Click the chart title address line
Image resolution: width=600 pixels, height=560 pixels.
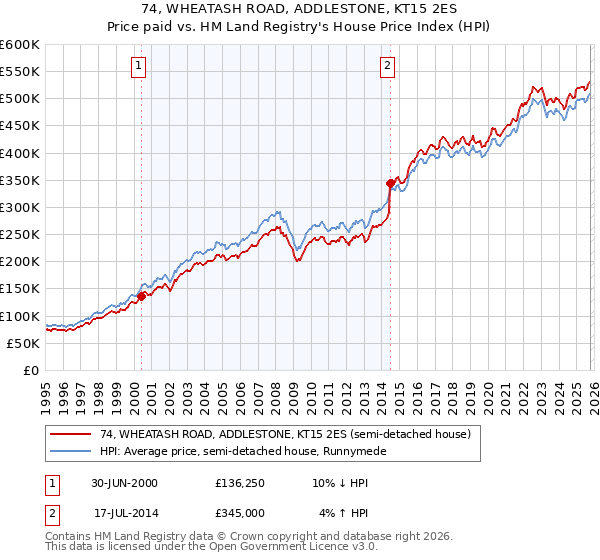coord(299,9)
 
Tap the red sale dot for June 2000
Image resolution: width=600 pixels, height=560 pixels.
coord(141,296)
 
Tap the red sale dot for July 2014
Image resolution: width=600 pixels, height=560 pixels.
coord(390,183)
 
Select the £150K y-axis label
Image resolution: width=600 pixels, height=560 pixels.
coord(19,289)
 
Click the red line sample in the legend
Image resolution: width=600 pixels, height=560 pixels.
coord(71,434)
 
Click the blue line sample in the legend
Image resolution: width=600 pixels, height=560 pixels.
coord(71,451)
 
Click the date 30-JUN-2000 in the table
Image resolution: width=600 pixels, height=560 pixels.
coord(124,483)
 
